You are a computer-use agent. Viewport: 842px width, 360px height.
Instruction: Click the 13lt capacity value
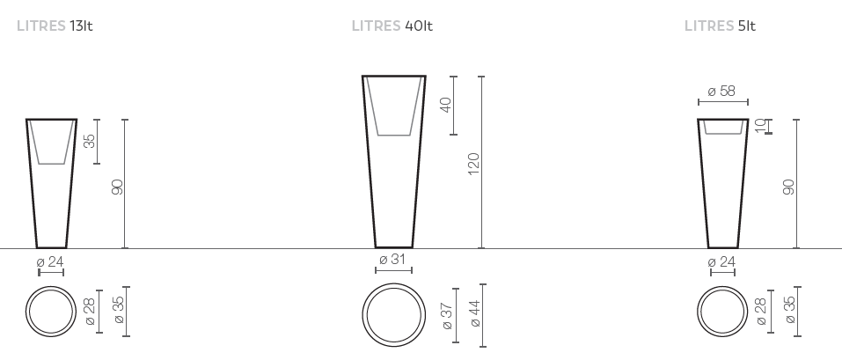[81, 26]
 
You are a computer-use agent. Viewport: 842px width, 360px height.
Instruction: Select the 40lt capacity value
[418, 26]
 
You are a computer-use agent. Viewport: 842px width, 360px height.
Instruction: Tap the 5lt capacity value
[746, 26]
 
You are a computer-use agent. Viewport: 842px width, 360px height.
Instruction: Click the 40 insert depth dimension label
[445, 105]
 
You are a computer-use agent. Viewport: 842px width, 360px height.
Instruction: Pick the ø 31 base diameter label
[393, 260]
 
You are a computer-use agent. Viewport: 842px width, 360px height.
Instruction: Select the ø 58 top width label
[722, 91]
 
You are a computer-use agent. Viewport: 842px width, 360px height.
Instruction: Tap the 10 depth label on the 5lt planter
[760, 126]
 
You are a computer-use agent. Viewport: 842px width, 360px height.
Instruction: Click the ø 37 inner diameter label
[446, 314]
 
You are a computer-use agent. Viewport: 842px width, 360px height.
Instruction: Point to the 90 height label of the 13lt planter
[117, 187]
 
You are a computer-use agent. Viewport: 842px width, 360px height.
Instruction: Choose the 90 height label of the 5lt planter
[788, 187]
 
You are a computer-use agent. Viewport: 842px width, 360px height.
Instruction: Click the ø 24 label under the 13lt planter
[50, 261]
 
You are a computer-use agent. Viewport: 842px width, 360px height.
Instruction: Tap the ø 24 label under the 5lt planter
[722, 261]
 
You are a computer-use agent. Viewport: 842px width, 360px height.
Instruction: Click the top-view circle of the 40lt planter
[393, 315]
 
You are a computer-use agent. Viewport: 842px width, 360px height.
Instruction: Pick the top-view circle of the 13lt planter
[51, 312]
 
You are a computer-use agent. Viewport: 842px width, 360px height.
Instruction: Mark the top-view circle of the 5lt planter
[722, 312]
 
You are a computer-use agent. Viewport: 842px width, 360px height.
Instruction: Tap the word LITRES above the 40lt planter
[376, 26]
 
